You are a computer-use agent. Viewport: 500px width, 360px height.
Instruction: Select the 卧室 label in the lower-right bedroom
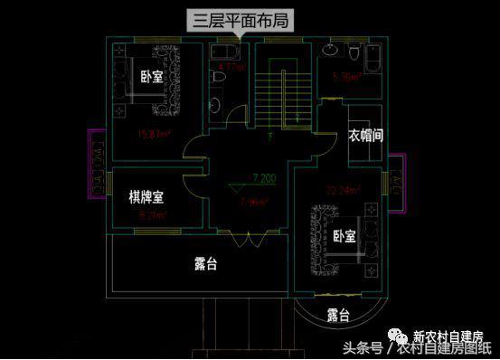[344, 236]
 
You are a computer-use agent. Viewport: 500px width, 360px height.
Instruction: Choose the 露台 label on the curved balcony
[338, 315]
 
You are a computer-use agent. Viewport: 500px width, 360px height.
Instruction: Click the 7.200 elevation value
[265, 177]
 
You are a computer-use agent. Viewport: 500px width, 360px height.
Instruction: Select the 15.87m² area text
[155, 136]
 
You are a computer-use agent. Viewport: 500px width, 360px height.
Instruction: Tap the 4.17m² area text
[231, 66]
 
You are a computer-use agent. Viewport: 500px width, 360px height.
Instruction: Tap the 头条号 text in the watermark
[361, 347]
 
